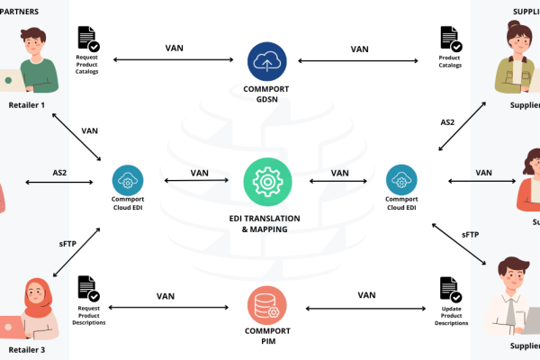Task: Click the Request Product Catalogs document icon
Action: coord(88,40)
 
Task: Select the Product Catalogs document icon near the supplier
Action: coord(450,40)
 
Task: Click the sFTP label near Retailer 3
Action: coord(68,242)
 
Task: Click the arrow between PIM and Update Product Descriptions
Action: coord(365,309)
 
